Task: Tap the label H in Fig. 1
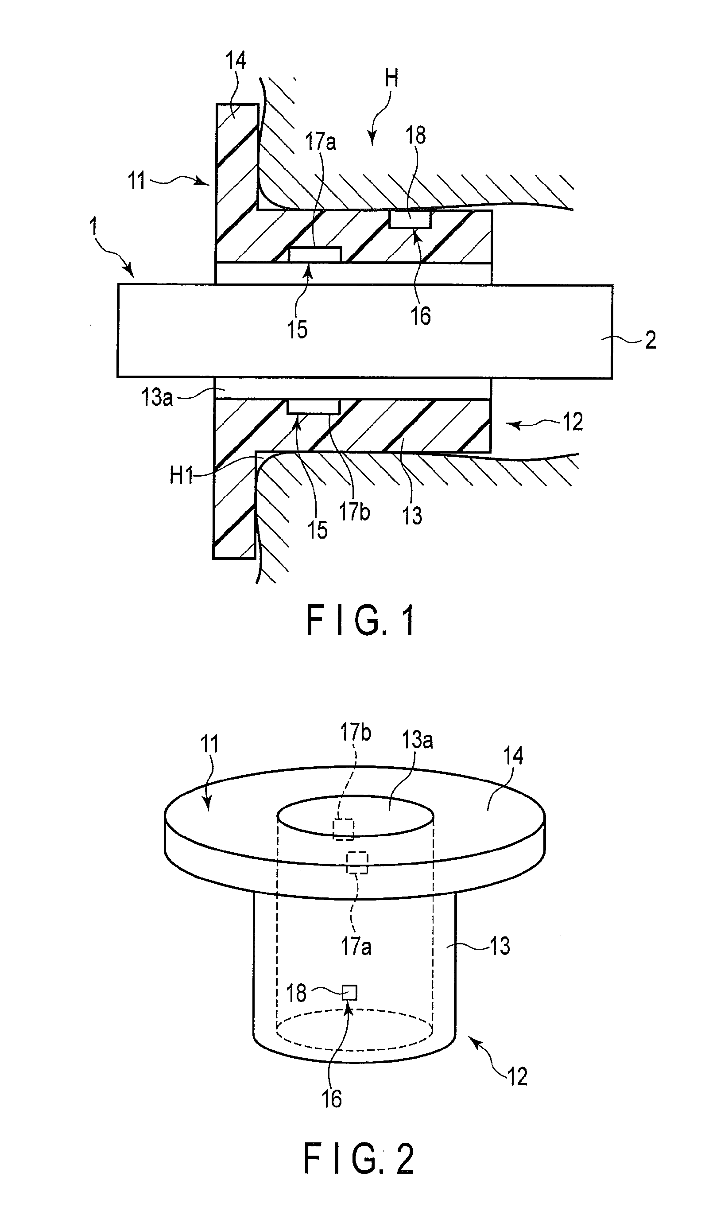click(x=391, y=78)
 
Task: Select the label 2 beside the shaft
click(x=651, y=340)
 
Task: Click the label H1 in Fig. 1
click(x=181, y=476)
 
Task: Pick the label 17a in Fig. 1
click(x=321, y=142)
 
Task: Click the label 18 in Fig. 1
click(x=415, y=135)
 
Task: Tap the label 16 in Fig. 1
click(x=420, y=316)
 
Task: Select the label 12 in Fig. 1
click(x=573, y=422)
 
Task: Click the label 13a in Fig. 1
click(x=157, y=398)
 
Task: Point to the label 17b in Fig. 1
click(x=354, y=511)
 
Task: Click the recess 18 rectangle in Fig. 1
click(x=410, y=220)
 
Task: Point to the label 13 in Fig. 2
click(x=499, y=946)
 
